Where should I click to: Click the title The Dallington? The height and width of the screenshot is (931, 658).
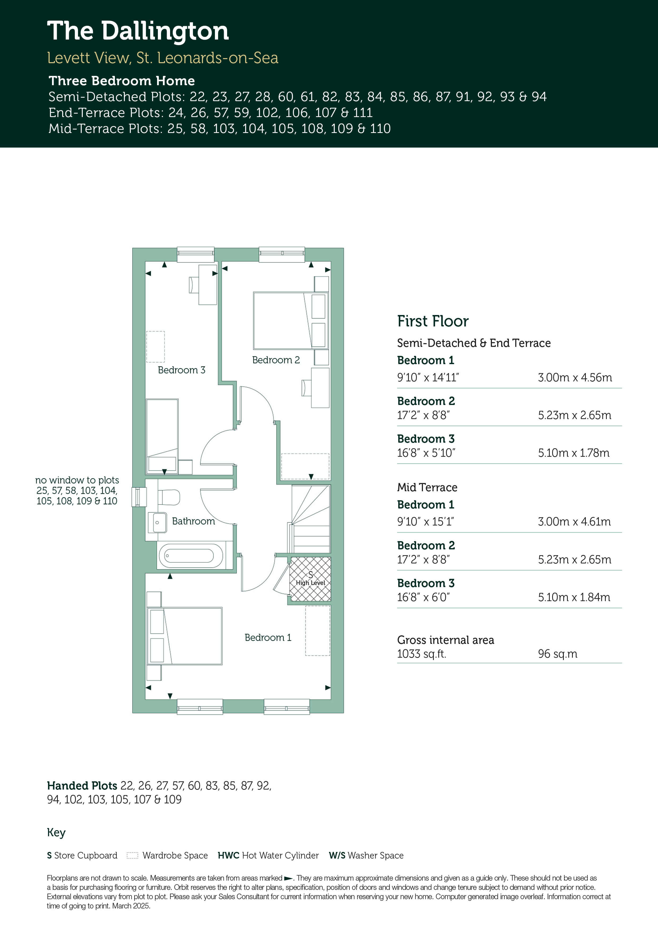click(138, 31)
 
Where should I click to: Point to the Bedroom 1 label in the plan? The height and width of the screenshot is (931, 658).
click(268, 637)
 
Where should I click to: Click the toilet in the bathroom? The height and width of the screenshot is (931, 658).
click(169, 497)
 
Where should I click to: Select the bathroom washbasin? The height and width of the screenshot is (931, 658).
click(158, 522)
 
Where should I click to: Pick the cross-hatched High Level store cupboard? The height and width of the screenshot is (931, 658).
click(310, 579)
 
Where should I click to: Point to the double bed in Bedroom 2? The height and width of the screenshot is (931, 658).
click(290, 320)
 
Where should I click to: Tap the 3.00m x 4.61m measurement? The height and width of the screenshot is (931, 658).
click(574, 521)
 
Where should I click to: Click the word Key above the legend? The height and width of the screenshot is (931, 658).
click(56, 833)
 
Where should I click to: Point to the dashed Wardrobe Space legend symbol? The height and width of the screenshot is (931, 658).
click(133, 856)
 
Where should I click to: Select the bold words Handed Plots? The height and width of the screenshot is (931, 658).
click(82, 786)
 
